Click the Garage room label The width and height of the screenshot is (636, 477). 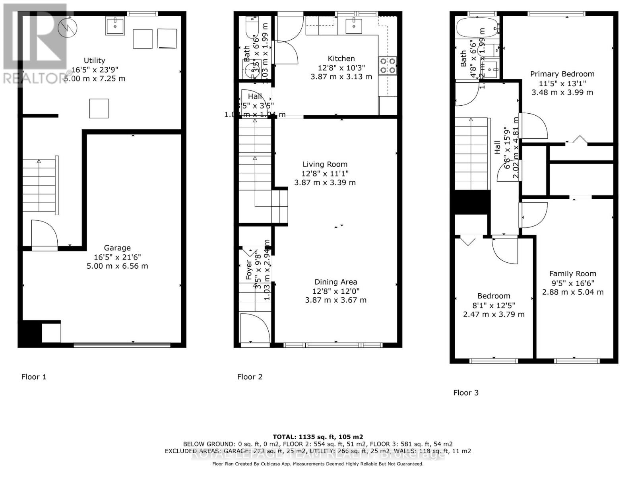point(117,248)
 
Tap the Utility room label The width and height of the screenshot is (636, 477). point(94,60)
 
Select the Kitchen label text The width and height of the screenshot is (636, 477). point(341,58)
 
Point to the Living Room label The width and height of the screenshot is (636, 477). point(325,164)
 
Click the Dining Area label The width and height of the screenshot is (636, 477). point(335,282)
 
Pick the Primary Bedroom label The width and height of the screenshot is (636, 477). point(562,74)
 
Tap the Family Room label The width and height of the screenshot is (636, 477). point(572,273)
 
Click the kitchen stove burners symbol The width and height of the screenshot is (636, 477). point(388,66)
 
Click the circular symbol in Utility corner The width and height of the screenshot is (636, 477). point(67,27)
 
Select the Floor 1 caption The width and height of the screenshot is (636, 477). point(34,377)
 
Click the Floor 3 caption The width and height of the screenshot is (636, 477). point(466,393)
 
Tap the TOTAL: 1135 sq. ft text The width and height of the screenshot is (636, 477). point(318,437)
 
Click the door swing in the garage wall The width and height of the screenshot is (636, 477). point(44,235)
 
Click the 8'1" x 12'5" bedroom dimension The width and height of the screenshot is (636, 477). point(494,305)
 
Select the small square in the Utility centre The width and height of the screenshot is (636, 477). point(99,109)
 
